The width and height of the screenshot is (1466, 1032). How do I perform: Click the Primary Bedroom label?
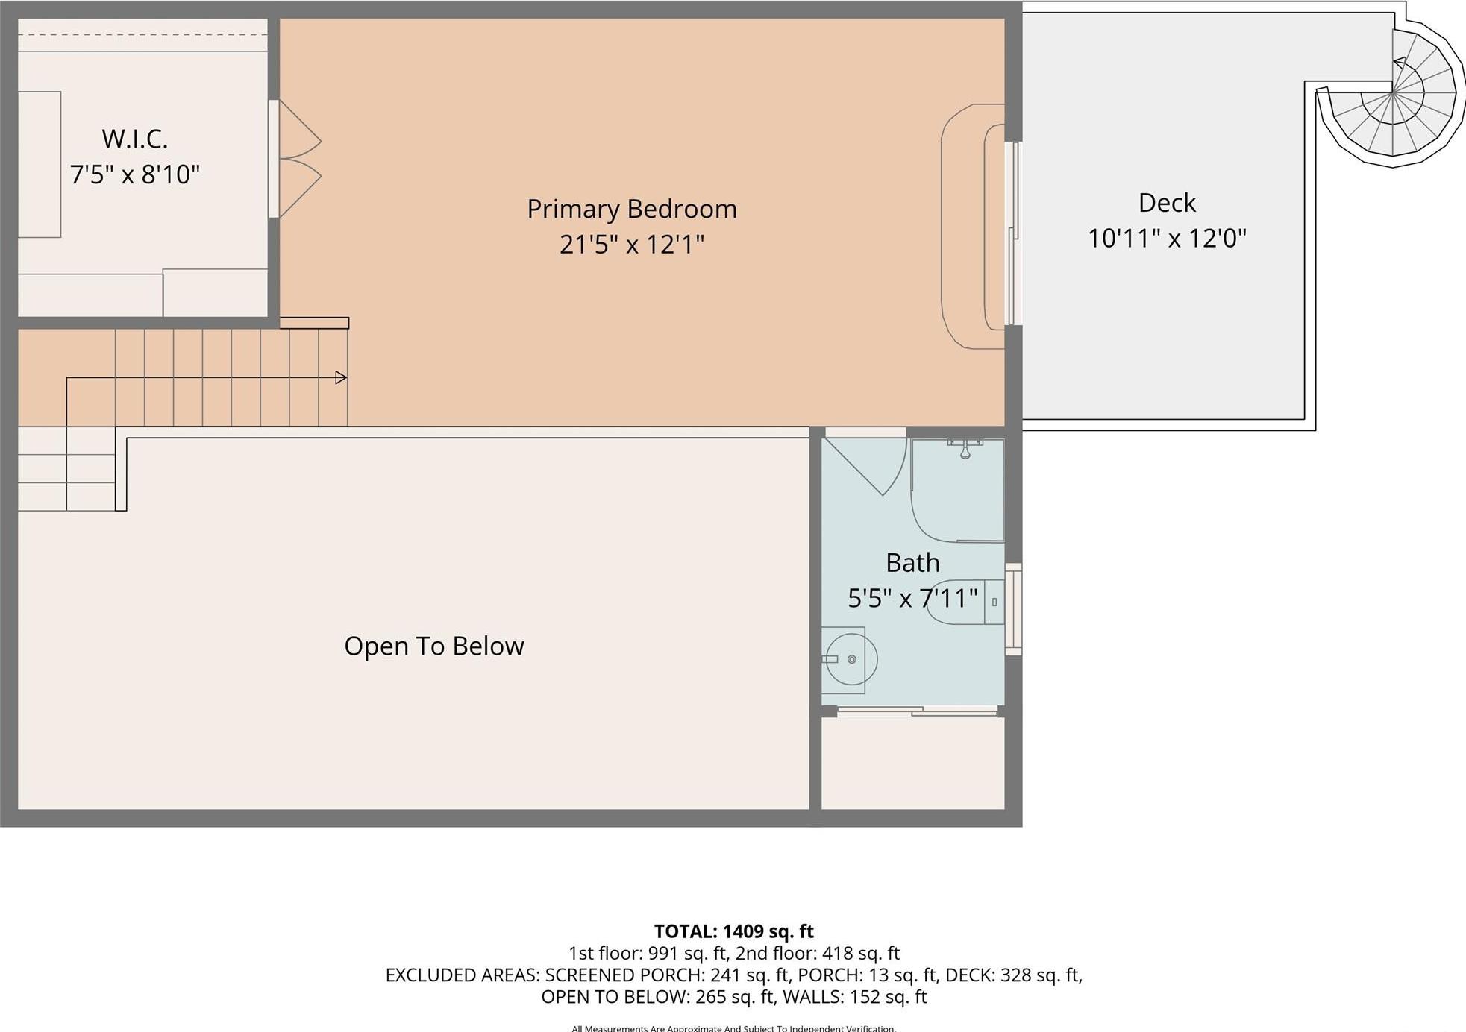631,209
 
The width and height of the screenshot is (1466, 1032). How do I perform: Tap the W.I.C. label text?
134,139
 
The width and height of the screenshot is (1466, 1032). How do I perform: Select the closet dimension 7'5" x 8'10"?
134,174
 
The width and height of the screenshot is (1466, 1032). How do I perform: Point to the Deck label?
1167,203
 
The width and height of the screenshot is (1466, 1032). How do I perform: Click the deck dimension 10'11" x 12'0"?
1167,239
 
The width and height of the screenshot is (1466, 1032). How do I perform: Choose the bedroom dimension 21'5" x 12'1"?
631,244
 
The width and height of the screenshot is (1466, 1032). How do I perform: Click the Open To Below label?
433,646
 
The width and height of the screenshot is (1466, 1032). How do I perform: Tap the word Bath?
912,562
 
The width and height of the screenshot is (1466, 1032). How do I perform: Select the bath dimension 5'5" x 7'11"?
912,598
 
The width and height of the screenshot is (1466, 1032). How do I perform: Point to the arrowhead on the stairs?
341,378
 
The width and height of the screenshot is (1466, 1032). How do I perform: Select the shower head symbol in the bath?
965,450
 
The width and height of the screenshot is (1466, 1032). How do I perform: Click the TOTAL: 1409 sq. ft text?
733,931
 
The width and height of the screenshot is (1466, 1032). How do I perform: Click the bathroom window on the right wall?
1013,609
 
